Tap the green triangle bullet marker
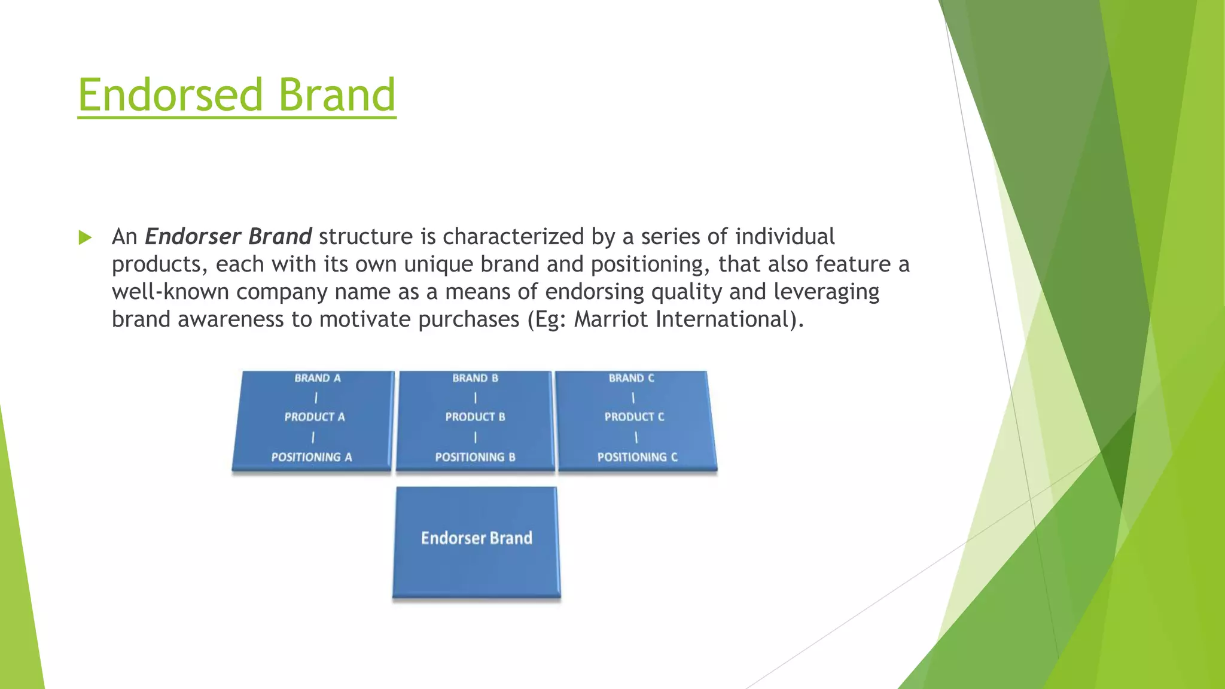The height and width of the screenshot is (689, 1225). pyautogui.click(x=85, y=237)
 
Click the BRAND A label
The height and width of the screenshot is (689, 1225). pyautogui.click(x=318, y=378)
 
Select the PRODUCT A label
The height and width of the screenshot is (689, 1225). pyautogui.click(x=315, y=417)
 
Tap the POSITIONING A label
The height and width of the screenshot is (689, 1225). pyautogui.click(x=312, y=457)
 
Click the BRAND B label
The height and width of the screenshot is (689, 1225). pyautogui.click(x=475, y=378)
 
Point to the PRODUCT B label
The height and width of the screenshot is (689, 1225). pyautogui.click(x=475, y=417)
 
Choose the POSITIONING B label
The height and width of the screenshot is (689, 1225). pyautogui.click(x=475, y=457)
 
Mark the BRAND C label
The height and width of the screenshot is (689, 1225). pyautogui.click(x=632, y=378)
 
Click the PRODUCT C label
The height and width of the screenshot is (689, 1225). pyautogui.click(x=634, y=417)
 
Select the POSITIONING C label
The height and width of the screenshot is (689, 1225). pyautogui.click(x=637, y=457)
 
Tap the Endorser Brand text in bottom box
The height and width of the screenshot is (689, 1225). pyautogui.click(x=476, y=538)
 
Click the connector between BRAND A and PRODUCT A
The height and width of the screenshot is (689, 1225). pyautogui.click(x=316, y=398)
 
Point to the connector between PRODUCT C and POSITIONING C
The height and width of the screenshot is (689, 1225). pyautogui.click(x=636, y=438)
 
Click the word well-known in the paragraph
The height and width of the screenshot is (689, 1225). pyautogui.click(x=170, y=292)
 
